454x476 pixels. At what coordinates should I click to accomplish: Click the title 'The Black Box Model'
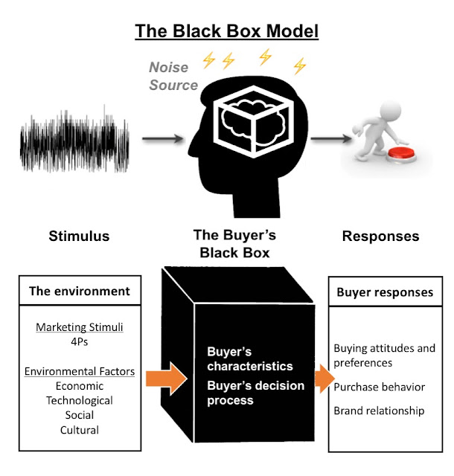tap(226, 31)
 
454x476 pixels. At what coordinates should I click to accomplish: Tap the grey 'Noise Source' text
tap(173, 77)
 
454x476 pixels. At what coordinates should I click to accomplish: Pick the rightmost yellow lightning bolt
tap(300, 67)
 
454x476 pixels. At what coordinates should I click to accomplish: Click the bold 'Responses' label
tap(380, 236)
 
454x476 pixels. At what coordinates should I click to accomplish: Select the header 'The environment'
tap(80, 291)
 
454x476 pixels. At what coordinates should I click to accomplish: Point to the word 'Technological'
tap(80, 400)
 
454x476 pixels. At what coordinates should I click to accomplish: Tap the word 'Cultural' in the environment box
tap(80, 429)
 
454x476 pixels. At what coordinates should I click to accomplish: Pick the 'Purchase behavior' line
tap(379, 387)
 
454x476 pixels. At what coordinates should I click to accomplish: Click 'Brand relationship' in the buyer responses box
tap(379, 410)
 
